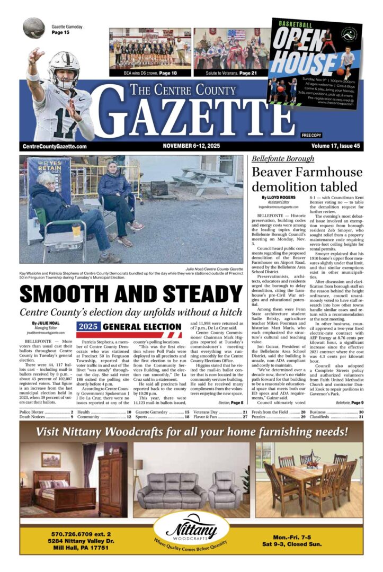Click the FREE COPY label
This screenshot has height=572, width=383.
[311, 135]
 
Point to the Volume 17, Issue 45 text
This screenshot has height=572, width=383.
[335, 146]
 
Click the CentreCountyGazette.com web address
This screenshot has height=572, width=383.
[55, 146]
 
